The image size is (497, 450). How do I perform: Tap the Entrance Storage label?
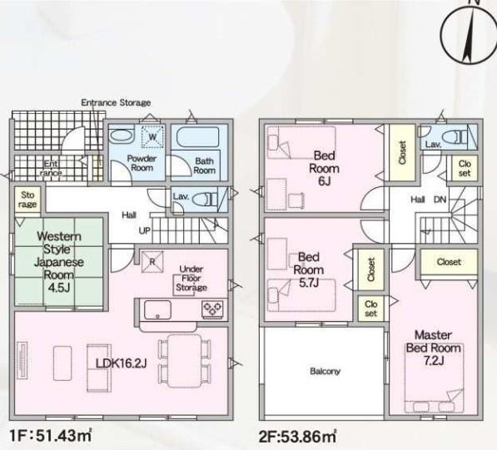point(116,102)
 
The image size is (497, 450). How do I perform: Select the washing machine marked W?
point(153,136)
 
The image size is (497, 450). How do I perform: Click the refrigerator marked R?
point(152,261)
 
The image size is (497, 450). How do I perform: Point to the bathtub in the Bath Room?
point(198,137)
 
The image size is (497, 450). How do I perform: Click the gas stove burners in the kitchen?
point(212,309)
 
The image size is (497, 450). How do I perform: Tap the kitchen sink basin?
point(157,309)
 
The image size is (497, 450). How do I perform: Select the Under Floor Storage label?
point(191,279)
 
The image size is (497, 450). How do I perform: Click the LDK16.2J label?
point(121,363)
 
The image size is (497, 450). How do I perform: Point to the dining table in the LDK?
point(185,361)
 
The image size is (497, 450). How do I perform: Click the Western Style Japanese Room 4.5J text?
point(59,262)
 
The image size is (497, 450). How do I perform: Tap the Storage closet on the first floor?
point(27,200)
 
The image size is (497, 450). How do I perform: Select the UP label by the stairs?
point(145,230)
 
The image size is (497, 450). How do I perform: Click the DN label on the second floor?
point(440,200)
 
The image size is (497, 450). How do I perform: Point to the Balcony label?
point(325,371)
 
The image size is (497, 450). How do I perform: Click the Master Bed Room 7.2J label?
point(433,348)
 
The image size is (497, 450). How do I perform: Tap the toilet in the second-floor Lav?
point(454,137)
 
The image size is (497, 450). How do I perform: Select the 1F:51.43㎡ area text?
point(51,436)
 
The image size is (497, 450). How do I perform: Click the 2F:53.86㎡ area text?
point(298,437)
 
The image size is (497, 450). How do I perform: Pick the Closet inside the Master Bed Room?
point(449,262)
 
